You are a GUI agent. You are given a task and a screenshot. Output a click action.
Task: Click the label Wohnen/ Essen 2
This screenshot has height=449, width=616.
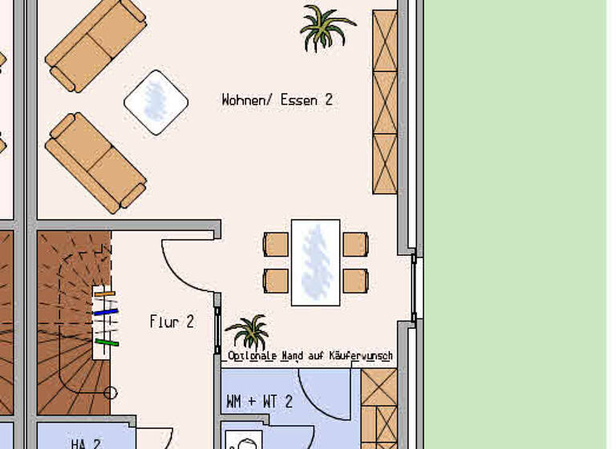coord(277,100)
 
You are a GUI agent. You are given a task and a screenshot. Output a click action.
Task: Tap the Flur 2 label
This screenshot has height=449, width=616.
coord(172,322)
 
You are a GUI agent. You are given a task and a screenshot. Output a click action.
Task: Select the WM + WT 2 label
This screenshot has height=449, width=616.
coord(259,402)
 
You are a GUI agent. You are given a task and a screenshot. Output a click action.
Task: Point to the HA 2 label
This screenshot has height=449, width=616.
coord(86,443)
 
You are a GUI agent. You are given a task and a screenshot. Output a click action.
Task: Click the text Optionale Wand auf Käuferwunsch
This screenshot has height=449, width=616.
coord(310,355)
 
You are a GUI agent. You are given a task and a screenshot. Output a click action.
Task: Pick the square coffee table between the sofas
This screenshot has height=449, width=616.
coord(156,102)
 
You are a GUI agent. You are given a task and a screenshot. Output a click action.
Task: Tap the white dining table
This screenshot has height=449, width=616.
coord(315,262)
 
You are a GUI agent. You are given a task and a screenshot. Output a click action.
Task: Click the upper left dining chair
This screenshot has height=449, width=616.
coord(276,244)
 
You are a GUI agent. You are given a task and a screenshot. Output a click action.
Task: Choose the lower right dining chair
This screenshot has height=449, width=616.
coord(355,281)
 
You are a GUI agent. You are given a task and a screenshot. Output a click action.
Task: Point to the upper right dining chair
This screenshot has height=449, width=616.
coord(355,244)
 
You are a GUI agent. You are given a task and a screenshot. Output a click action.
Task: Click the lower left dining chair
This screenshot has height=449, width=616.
coord(276,281)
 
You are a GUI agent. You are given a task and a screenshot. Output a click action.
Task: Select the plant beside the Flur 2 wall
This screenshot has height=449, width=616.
coord(248,331)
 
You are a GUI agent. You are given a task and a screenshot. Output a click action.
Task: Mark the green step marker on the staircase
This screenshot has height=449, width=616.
coord(107,343)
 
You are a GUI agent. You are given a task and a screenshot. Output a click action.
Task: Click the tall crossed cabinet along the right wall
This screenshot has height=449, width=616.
coord(385,102)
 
